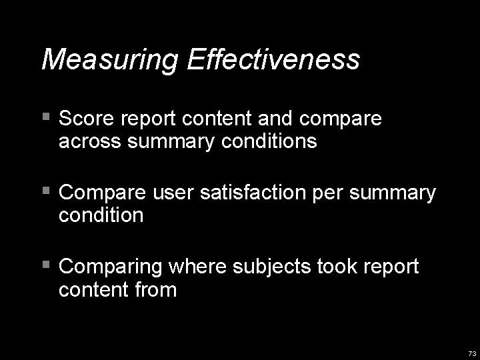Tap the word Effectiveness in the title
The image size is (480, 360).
click(x=274, y=59)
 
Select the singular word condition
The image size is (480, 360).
click(x=101, y=215)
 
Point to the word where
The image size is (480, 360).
click(x=199, y=267)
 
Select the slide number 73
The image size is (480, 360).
click(x=472, y=353)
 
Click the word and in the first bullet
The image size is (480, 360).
click(x=277, y=119)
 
